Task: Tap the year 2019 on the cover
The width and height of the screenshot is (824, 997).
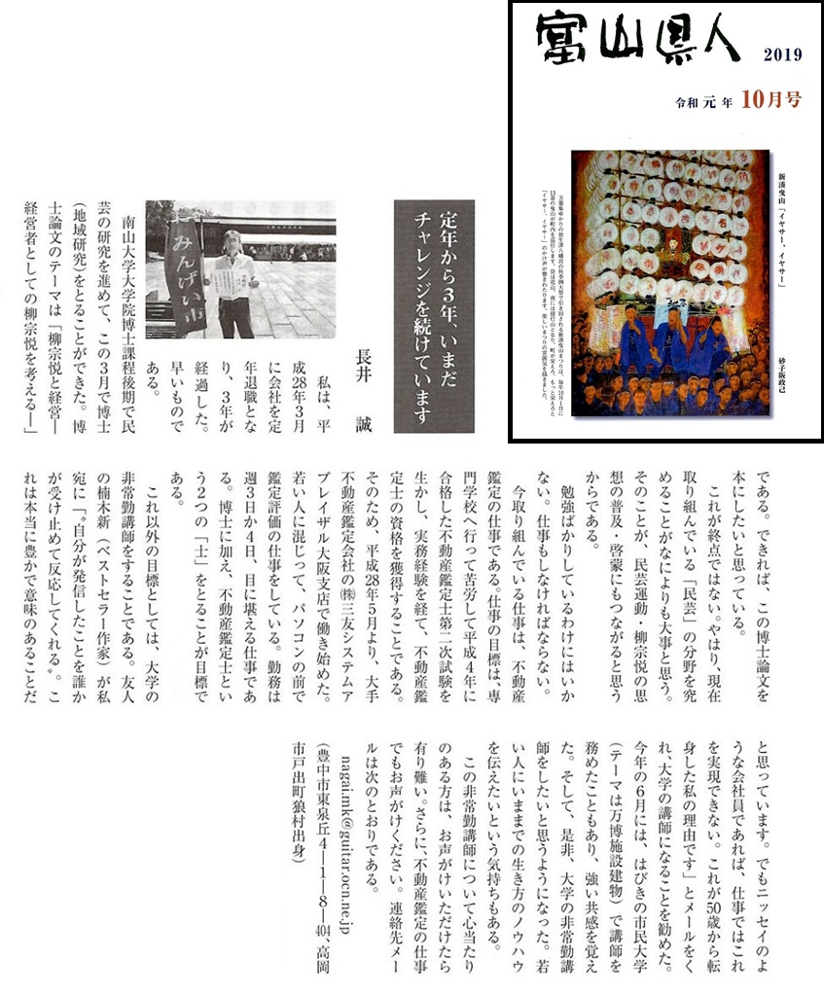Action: coord(782,54)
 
